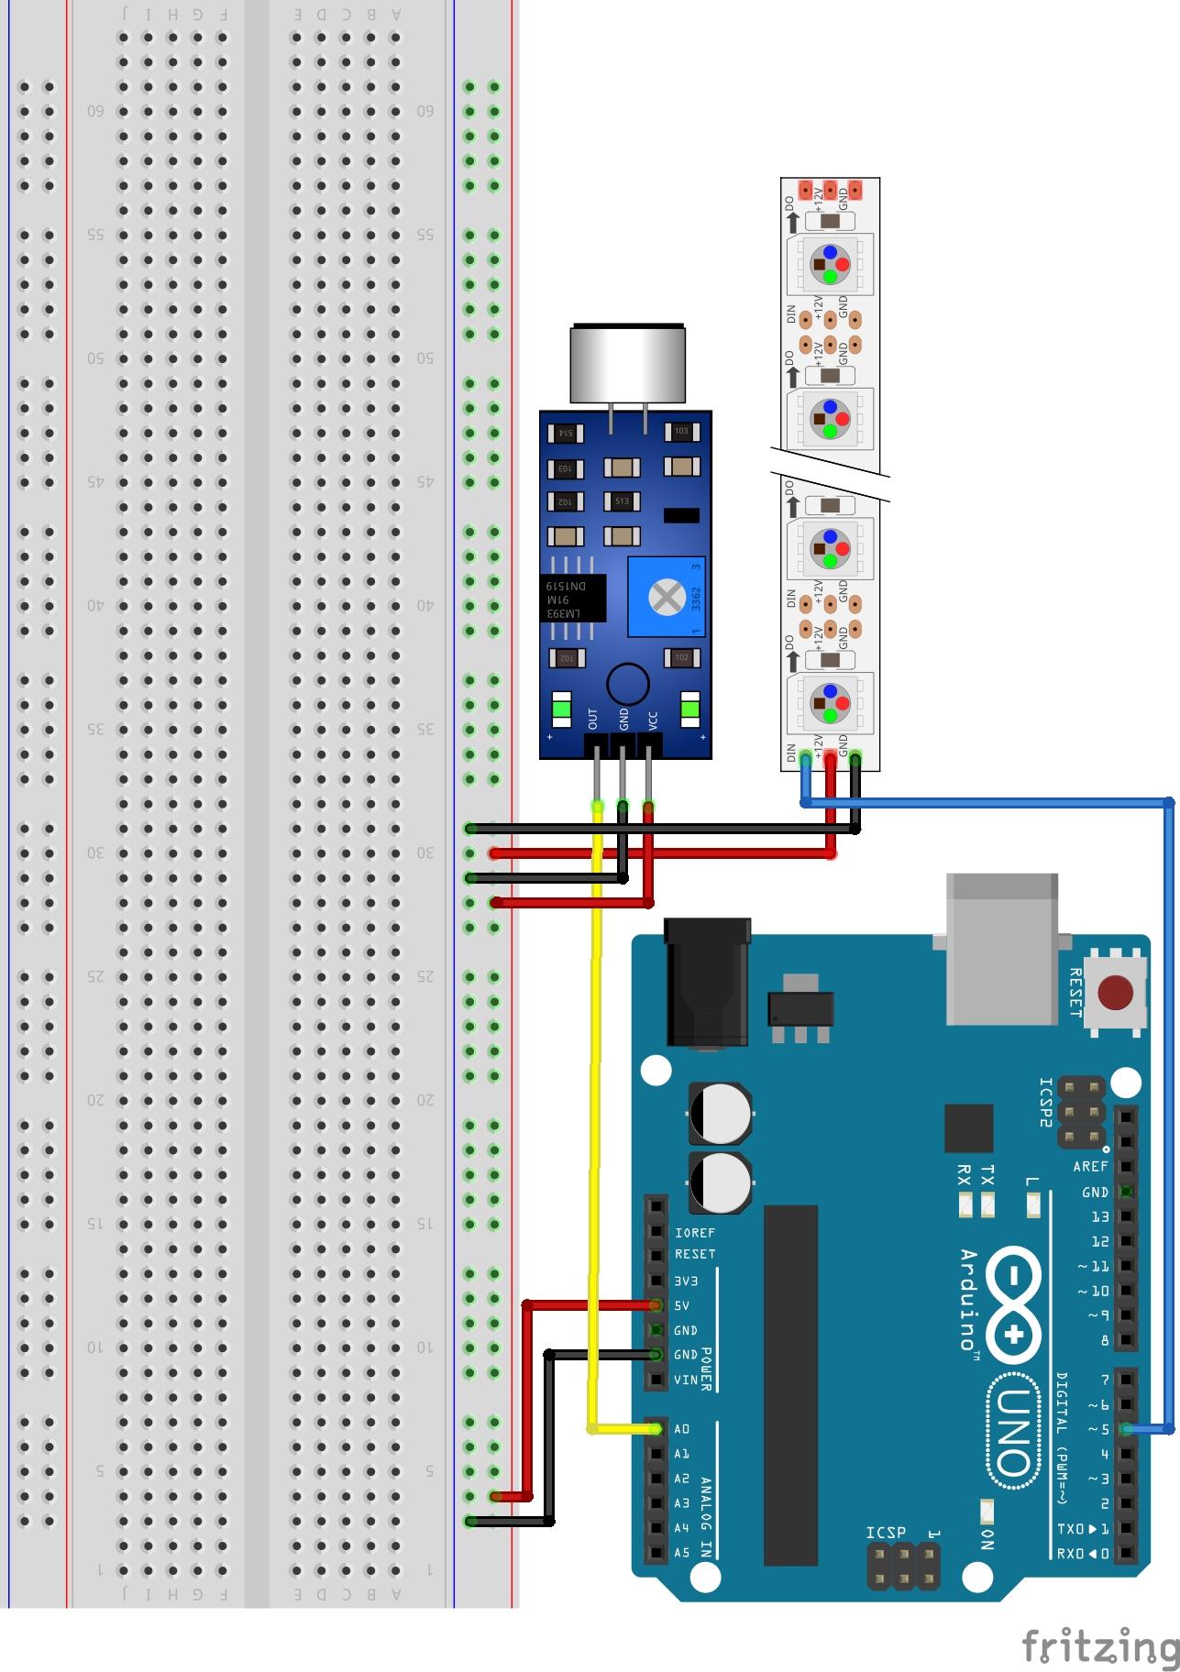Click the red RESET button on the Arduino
(1115, 992)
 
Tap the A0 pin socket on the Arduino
(656, 1428)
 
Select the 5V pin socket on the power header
(656, 1304)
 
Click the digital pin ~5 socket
(1127, 1428)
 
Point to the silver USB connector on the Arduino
(1001, 948)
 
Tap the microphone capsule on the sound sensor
(627, 363)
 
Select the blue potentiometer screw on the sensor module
(666, 597)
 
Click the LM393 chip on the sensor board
(572, 598)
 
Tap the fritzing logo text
(1100, 1646)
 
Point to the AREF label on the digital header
(1090, 1166)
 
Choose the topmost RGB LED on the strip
(829, 263)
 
